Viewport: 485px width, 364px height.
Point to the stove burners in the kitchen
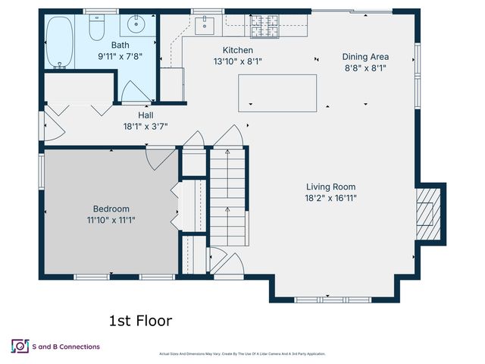(x=264, y=27)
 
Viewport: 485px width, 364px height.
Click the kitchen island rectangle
(x=277, y=93)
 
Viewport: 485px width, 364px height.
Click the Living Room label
(x=330, y=187)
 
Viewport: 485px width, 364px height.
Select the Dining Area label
(x=365, y=57)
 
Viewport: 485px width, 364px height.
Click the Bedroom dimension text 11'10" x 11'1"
(x=111, y=220)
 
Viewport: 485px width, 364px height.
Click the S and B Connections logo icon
(x=19, y=347)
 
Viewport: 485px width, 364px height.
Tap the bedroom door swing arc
(x=161, y=158)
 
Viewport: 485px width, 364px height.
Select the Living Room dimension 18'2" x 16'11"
(x=330, y=198)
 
